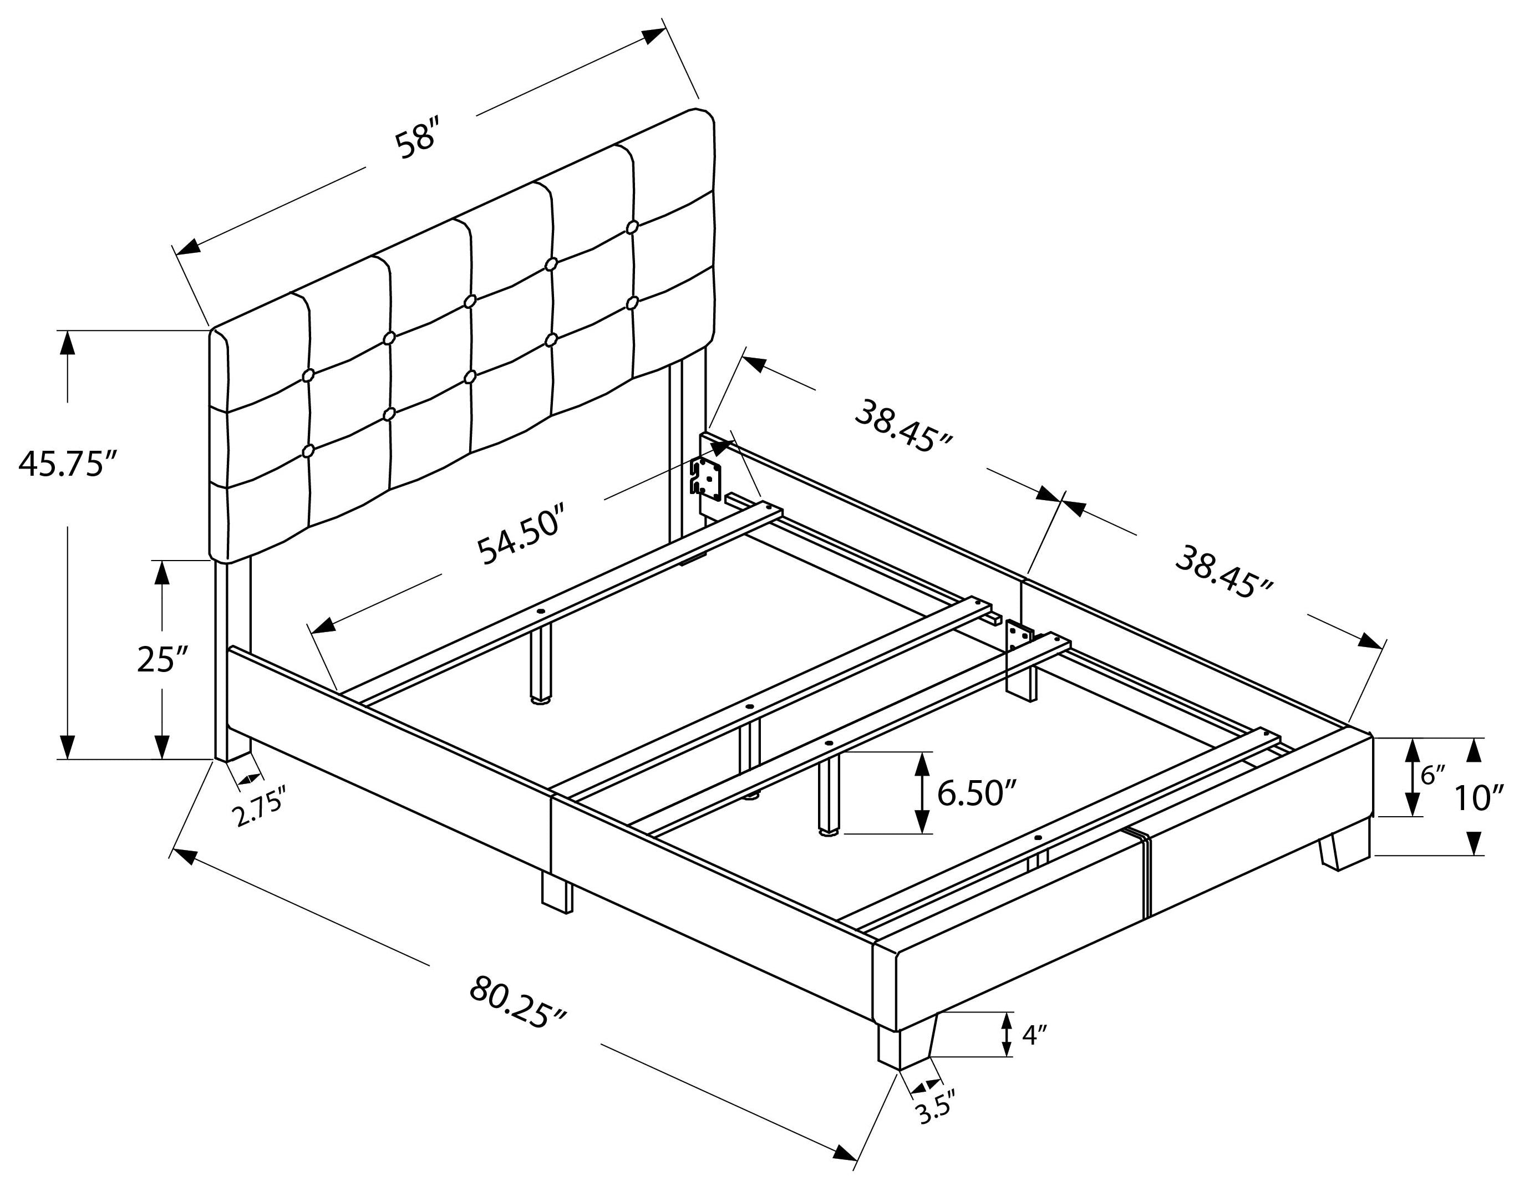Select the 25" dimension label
tap(163, 659)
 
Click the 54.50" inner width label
tap(520, 538)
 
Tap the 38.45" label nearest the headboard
tap(903, 425)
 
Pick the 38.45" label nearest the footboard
tap(1225, 573)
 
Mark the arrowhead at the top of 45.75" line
tap(68, 343)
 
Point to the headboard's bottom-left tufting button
tap(307, 451)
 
